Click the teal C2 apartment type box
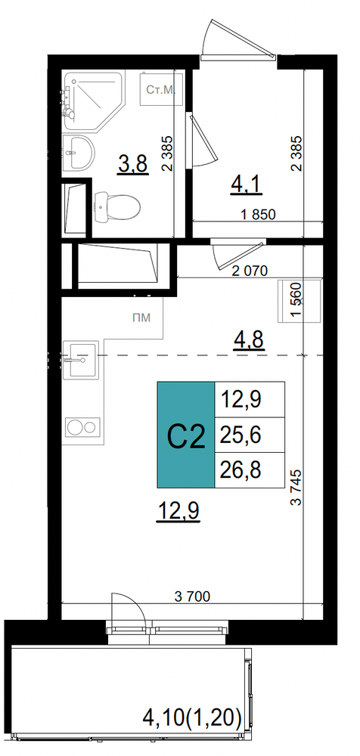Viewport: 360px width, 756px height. tap(186, 435)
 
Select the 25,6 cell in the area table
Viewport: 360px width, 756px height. tap(250, 435)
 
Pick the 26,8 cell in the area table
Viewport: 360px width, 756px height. tap(250, 470)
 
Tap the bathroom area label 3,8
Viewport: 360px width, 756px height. tap(132, 166)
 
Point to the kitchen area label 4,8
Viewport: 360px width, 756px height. tap(248, 341)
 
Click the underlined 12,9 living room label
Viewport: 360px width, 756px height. tap(178, 511)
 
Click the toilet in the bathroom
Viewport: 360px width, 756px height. tap(116, 206)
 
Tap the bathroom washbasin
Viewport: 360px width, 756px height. tap(78, 152)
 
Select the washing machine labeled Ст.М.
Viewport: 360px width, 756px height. tap(162, 89)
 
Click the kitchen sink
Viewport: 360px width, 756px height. tap(81, 360)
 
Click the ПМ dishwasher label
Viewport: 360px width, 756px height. tap(141, 318)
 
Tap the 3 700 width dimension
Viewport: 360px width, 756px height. tap(192, 597)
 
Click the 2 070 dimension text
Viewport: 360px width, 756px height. tap(249, 271)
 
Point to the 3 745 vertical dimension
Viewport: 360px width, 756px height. tap(296, 487)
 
